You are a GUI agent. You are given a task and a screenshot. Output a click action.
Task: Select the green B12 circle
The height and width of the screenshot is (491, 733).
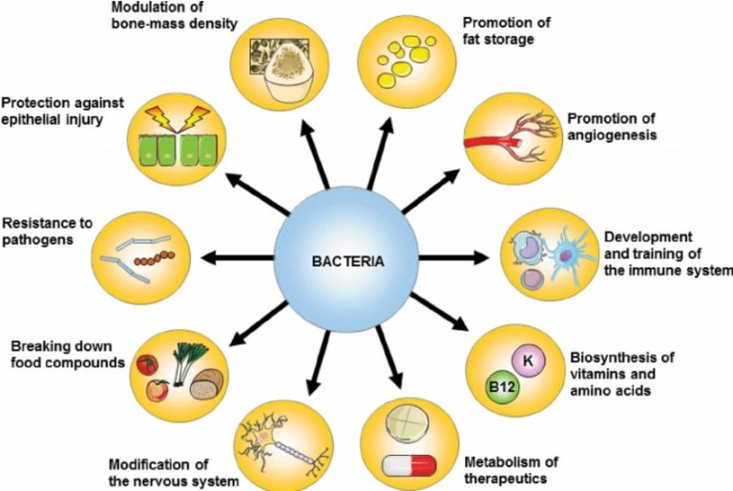(502, 388)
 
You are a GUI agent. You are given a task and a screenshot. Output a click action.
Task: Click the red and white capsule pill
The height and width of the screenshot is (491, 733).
(409, 465)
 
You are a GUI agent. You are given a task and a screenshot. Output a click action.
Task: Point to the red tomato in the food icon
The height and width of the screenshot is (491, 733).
(145, 364)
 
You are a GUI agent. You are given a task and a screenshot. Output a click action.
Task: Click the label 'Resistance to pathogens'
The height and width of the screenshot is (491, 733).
(47, 231)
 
